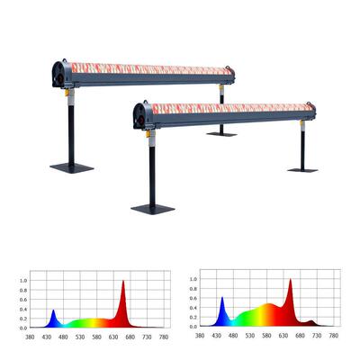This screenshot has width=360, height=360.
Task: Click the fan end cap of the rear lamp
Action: tap(61, 75)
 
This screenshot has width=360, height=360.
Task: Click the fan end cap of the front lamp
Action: tap(142, 116)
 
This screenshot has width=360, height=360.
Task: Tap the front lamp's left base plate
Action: tap(153, 210)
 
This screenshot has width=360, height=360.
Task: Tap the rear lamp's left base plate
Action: tap(72, 168)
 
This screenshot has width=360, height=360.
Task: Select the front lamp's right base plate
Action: tap(302, 170)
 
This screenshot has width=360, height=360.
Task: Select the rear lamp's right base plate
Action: tap(221, 134)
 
